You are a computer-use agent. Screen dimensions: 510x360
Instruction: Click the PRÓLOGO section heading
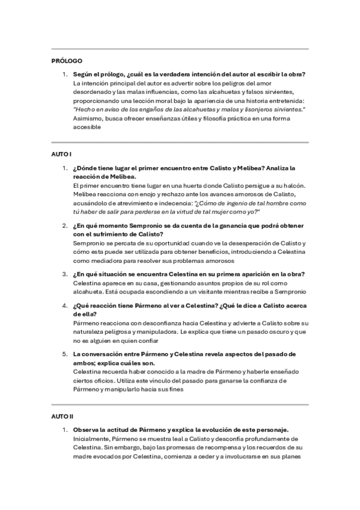point(67,61)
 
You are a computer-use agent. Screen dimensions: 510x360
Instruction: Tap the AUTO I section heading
point(62,155)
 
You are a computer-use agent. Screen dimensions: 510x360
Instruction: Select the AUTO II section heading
point(63,416)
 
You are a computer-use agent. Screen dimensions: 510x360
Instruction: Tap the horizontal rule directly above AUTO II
point(180,404)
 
